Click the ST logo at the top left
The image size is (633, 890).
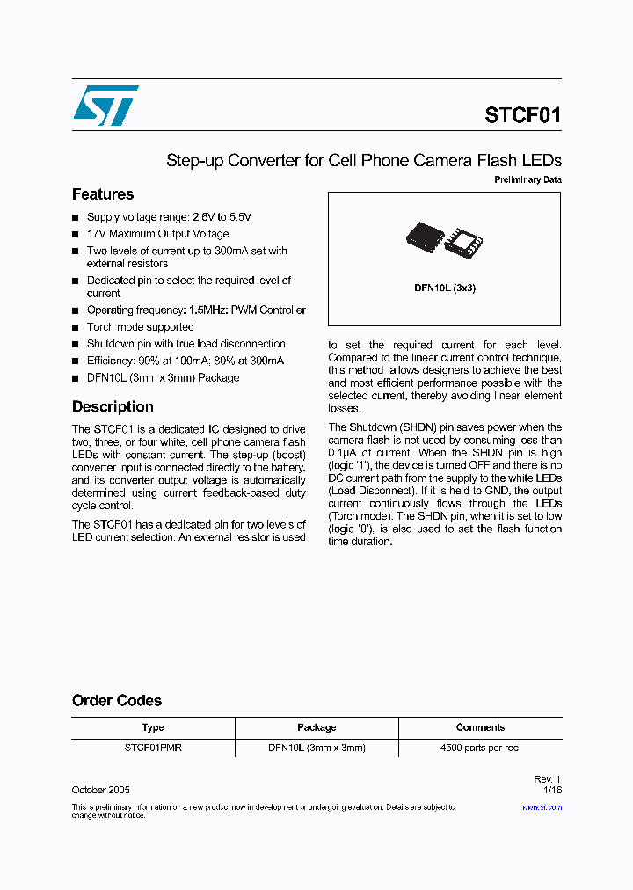(x=105, y=106)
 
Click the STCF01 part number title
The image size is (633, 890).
(x=522, y=115)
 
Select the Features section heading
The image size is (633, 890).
(x=103, y=194)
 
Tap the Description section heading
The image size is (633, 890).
(x=113, y=406)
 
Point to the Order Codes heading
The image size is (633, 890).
(x=117, y=700)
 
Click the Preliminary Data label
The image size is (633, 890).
(x=527, y=180)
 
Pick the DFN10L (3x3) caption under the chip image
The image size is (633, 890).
(x=445, y=288)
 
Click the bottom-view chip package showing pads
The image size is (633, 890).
(x=463, y=241)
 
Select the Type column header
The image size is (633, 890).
(x=153, y=727)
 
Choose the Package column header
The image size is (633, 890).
(x=316, y=727)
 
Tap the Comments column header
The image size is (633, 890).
(x=480, y=727)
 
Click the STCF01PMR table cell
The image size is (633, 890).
(x=153, y=748)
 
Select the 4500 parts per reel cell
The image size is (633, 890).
(x=480, y=748)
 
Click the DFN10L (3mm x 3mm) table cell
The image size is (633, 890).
(x=316, y=748)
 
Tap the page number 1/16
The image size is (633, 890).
(x=553, y=791)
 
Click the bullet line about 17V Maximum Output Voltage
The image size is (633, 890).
(x=157, y=234)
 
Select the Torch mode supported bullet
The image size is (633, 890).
(x=140, y=327)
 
